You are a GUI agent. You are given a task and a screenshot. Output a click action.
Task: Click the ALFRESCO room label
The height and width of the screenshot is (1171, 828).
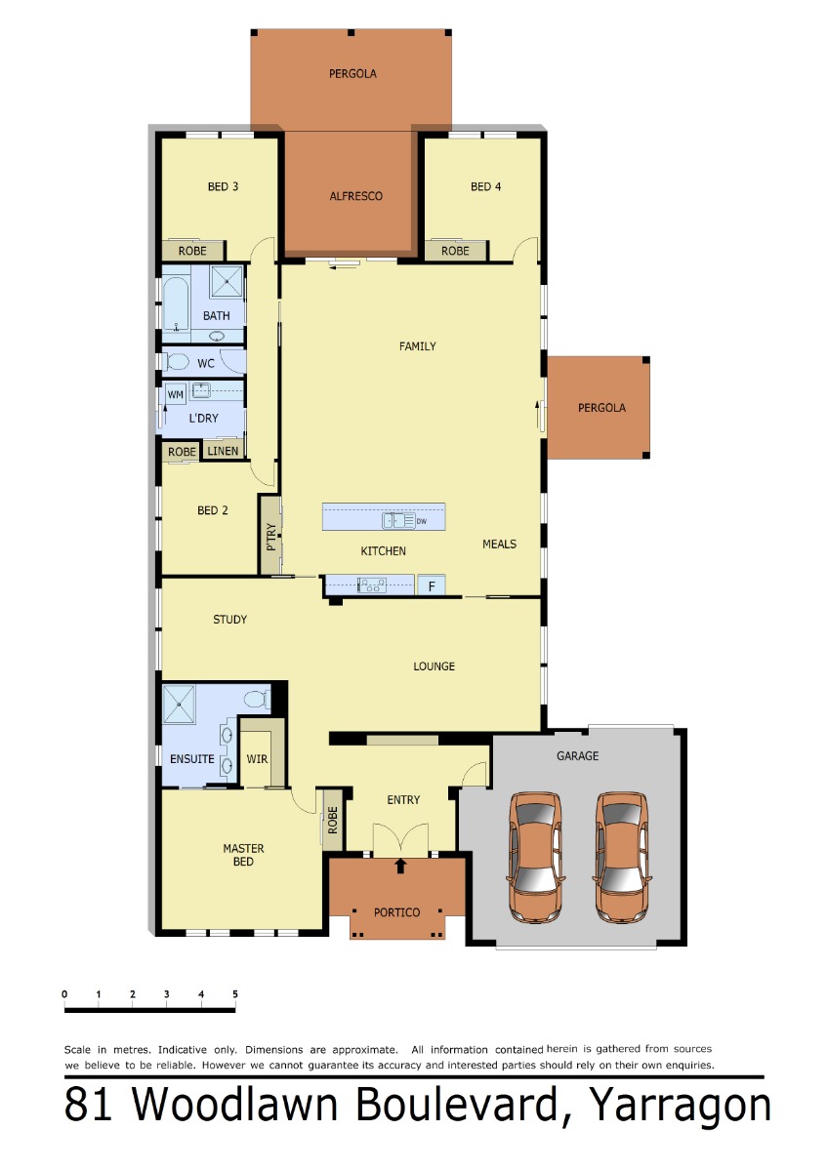pyautogui.click(x=355, y=196)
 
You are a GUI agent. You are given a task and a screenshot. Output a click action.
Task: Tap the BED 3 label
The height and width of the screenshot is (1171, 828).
pyautogui.click(x=223, y=186)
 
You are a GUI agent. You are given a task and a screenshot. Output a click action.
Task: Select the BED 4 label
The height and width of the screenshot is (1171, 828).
pyautogui.click(x=485, y=186)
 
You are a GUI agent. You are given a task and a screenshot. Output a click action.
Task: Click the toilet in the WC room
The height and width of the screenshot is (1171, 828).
pyautogui.click(x=177, y=361)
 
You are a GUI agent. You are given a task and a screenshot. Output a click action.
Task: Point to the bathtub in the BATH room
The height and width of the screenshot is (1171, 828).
pyautogui.click(x=176, y=303)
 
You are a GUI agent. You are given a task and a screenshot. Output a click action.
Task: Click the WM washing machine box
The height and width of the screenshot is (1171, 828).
pyautogui.click(x=175, y=394)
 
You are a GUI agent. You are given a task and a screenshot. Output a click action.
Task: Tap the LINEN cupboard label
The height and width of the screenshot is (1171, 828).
pyautogui.click(x=223, y=451)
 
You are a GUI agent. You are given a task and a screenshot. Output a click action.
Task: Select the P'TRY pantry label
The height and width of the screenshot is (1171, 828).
pyautogui.click(x=270, y=537)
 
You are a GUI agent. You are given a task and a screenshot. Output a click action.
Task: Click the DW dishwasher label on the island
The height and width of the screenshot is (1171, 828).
pyautogui.click(x=422, y=521)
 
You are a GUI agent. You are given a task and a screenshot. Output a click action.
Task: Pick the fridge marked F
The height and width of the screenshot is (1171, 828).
pyautogui.click(x=432, y=586)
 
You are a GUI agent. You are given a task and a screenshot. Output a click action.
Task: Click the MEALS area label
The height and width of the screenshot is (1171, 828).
pyautogui.click(x=499, y=545)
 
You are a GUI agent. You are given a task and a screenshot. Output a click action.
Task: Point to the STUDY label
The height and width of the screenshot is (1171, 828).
pyautogui.click(x=229, y=620)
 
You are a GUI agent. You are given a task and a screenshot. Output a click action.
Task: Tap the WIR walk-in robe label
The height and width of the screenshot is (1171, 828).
pyautogui.click(x=257, y=758)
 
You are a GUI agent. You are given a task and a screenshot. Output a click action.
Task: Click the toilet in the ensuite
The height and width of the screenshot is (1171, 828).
pyautogui.click(x=257, y=699)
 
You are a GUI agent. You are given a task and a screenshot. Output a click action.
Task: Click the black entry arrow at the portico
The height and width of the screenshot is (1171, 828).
pyautogui.click(x=400, y=866)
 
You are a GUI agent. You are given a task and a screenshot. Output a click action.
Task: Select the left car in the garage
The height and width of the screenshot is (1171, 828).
pyautogui.click(x=534, y=857)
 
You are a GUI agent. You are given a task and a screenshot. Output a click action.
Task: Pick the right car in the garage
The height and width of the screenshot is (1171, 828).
pyautogui.click(x=622, y=857)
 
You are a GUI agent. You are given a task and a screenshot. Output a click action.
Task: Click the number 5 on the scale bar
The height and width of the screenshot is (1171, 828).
pyautogui.click(x=235, y=993)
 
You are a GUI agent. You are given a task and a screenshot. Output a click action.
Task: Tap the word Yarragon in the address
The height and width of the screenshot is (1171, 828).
pyautogui.click(x=681, y=1104)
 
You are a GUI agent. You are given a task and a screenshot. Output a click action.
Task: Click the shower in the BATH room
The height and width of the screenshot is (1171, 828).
pyautogui.click(x=227, y=281)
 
